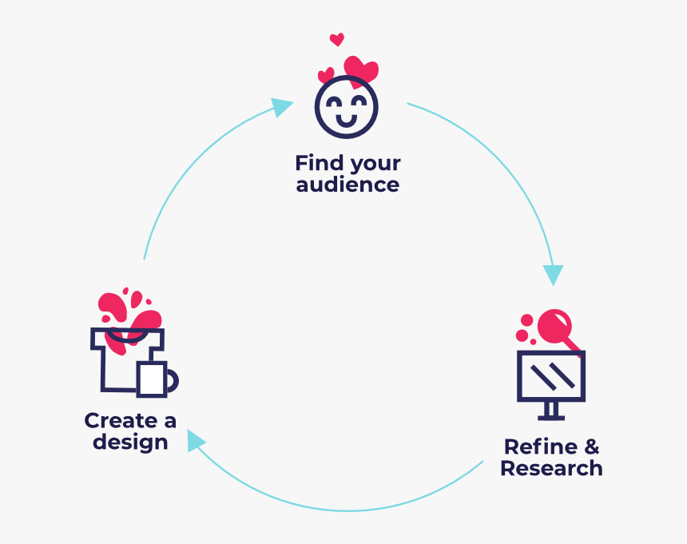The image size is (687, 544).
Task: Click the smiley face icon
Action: (x=346, y=105)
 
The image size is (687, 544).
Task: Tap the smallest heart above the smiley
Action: (x=336, y=39)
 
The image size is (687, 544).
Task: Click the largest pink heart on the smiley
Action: (x=361, y=69)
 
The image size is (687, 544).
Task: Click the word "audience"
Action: (x=347, y=185)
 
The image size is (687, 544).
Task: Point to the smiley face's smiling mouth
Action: (x=346, y=121)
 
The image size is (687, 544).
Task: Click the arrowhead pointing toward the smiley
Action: (x=282, y=106)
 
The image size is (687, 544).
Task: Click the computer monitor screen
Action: (x=551, y=375)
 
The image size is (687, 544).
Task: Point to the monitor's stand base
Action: (x=551, y=417)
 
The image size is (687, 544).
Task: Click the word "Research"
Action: (x=551, y=468)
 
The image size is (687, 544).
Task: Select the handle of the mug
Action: (x=173, y=381)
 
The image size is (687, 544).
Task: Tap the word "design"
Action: (x=130, y=442)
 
